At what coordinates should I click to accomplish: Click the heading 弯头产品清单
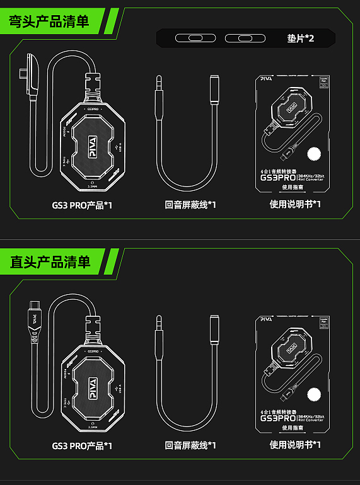[49, 21]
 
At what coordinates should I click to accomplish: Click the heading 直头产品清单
[50, 261]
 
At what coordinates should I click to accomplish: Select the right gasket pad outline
[243, 38]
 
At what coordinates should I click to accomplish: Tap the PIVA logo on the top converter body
[92, 145]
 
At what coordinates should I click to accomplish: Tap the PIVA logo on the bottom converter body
[92, 385]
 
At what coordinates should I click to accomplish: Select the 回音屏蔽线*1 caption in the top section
[190, 205]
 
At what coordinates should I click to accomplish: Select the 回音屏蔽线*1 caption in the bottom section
[190, 446]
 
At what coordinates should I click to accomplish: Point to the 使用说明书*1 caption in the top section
[295, 204]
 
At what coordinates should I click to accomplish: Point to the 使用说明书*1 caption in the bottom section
[295, 445]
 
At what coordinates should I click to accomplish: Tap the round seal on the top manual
[313, 154]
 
